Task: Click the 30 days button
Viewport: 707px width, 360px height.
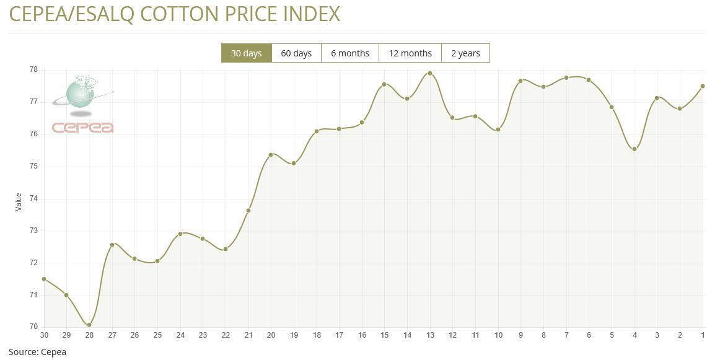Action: [x=246, y=53]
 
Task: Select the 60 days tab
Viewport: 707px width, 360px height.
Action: [x=296, y=53]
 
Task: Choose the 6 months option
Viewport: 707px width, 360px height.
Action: [x=350, y=53]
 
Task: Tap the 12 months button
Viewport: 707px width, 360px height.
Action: [x=410, y=53]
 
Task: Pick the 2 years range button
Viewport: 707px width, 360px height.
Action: [x=465, y=53]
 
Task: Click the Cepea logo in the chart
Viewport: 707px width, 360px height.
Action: [x=83, y=104]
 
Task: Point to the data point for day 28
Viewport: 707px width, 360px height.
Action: [x=89, y=325]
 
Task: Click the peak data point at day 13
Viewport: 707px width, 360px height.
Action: [x=430, y=73]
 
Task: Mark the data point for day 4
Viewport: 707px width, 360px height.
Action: [x=635, y=149]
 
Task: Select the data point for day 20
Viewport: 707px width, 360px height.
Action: [x=271, y=154]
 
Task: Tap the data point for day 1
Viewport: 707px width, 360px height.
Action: [x=703, y=86]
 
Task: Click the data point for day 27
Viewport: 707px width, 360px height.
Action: [x=112, y=245]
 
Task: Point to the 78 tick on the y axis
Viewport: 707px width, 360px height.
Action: [x=33, y=69]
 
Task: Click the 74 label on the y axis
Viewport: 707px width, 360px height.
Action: [x=33, y=198]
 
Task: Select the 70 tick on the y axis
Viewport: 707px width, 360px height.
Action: [x=33, y=327]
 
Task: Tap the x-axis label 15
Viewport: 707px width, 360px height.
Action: [x=385, y=335]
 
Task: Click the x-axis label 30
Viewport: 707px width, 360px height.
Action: [x=44, y=335]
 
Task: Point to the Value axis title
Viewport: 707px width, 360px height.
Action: [x=19, y=201]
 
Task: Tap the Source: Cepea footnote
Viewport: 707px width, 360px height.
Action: [x=37, y=352]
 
